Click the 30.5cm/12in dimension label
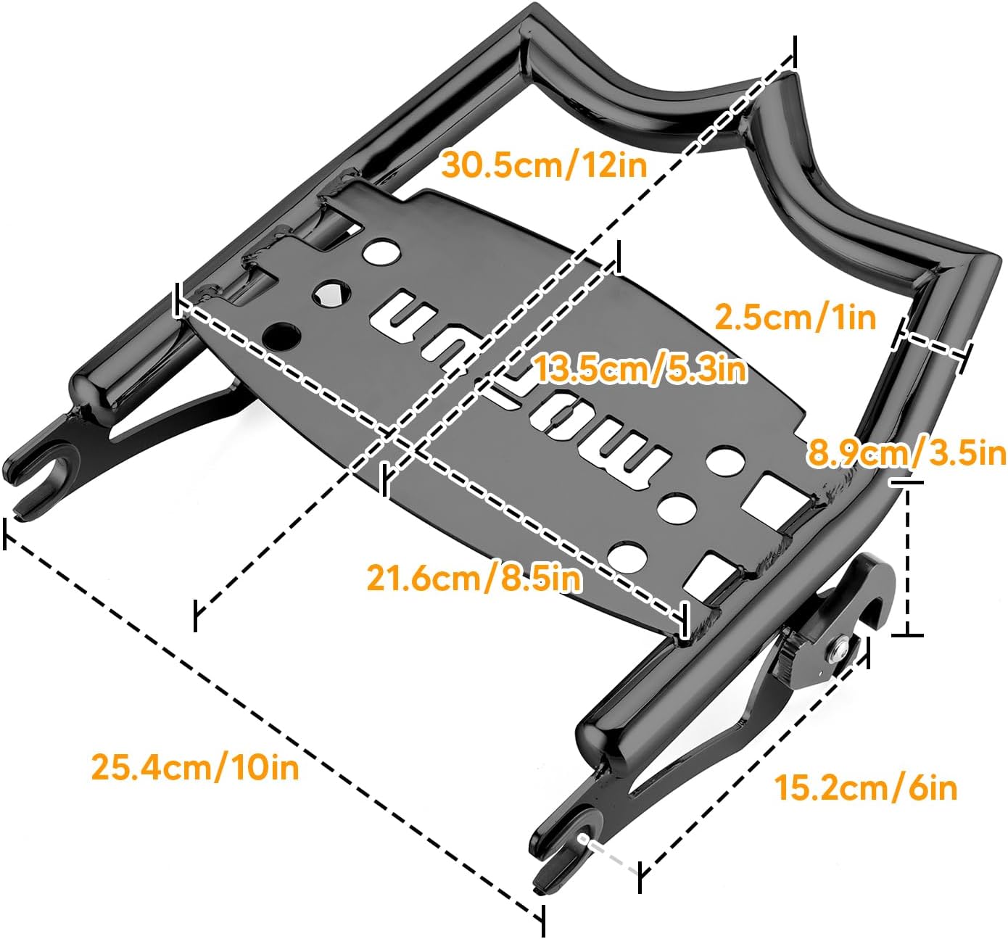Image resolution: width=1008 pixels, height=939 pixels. [544, 165]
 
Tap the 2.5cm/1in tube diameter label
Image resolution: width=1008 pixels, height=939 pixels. [795, 317]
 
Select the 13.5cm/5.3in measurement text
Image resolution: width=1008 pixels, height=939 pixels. [640, 369]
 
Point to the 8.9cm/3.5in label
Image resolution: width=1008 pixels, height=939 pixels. [907, 454]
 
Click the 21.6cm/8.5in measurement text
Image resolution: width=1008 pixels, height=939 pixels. [474, 578]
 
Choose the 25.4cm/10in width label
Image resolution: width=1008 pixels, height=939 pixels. [195, 766]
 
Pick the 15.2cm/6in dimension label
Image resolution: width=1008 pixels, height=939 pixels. [866, 787]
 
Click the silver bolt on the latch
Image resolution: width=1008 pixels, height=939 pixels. [840, 648]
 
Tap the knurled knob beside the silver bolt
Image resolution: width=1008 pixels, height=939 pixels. [793, 649]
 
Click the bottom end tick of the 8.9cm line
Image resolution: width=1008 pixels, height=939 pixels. [907, 635]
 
